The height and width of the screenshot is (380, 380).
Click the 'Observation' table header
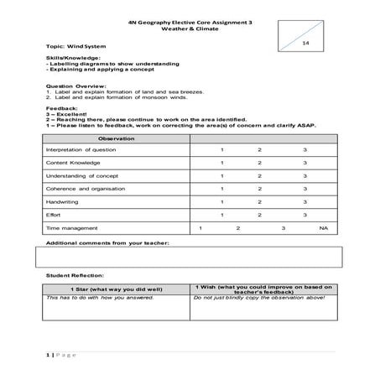coord(115,138)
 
